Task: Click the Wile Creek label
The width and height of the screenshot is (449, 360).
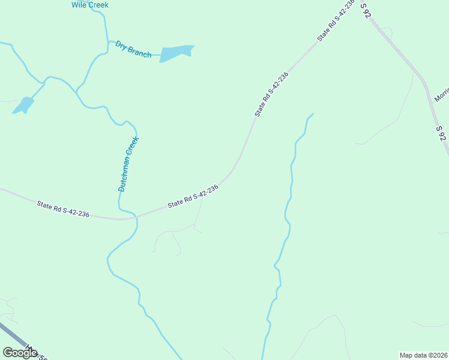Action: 90,5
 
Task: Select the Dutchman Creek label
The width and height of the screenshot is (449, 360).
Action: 128,164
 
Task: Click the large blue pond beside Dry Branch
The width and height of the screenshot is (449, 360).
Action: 176,53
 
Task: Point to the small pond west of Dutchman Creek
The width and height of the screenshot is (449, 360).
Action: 24,105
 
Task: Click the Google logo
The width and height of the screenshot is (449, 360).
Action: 20,352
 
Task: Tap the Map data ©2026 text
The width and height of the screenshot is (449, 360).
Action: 423,355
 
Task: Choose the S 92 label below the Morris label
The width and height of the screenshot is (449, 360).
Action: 441,134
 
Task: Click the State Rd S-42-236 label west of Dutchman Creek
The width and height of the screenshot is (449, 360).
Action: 63,209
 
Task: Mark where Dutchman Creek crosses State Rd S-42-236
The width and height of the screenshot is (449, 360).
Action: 136,216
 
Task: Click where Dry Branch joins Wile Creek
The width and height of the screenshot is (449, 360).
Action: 108,42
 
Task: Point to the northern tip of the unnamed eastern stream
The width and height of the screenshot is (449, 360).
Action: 313,113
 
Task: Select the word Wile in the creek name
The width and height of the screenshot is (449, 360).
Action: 79,5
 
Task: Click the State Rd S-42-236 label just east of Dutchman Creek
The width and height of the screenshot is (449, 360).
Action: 193,196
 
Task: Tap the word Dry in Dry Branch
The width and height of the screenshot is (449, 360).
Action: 122,46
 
